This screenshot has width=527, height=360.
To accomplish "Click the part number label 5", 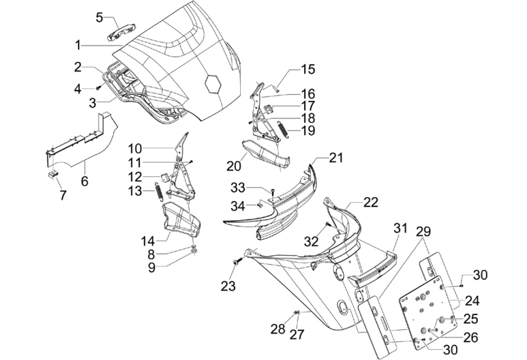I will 99,17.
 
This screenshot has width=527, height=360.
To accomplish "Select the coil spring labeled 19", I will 283,129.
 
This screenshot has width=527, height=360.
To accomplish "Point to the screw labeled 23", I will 235,263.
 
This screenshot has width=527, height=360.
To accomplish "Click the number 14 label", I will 148,241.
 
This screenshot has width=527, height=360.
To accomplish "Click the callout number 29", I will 423,231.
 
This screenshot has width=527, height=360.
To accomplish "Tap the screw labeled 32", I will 328,225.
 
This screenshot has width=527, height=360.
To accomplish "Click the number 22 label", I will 370,202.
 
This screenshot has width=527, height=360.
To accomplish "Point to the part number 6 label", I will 84,181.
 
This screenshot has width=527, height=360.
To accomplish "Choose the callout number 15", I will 308,69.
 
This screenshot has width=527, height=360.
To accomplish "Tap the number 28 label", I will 278,329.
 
